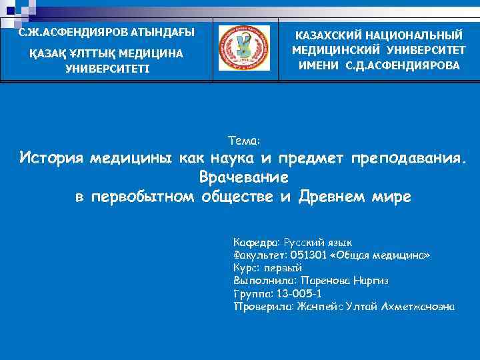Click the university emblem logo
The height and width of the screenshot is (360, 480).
click(x=244, y=48)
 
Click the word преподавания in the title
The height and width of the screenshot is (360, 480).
click(x=407, y=158)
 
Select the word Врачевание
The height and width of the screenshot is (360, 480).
click(x=243, y=178)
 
